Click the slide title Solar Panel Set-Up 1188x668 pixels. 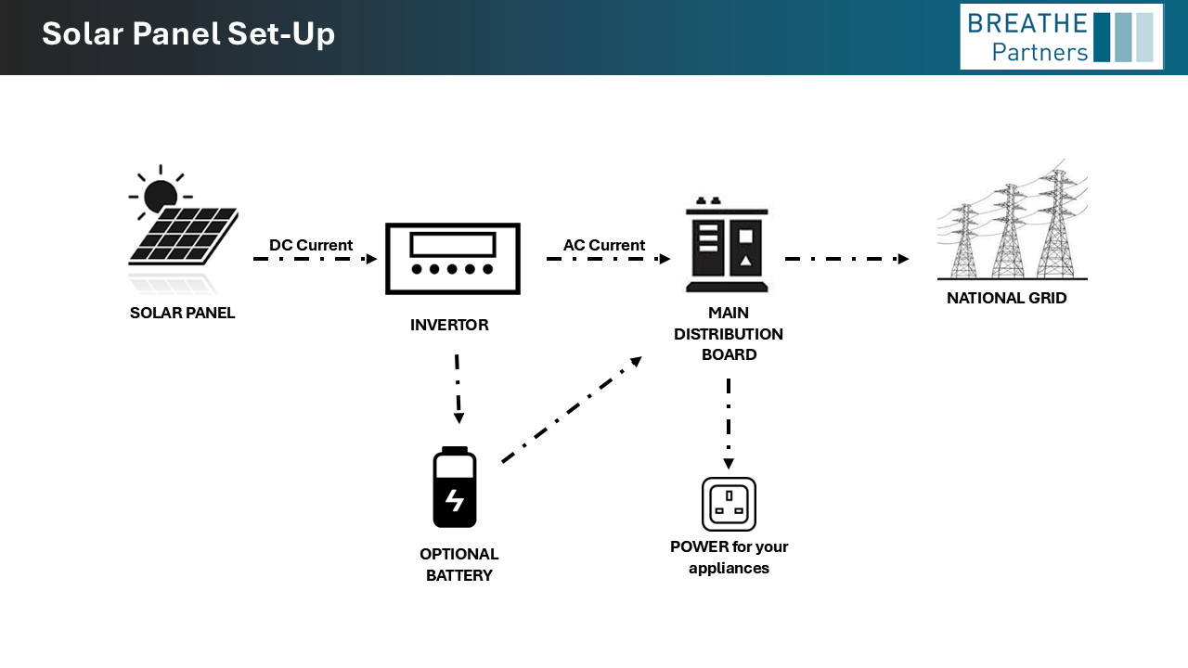pos(188,34)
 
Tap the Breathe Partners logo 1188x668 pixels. pos(1061,37)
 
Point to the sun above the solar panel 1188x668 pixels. pos(161,194)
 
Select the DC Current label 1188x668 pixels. pos(311,245)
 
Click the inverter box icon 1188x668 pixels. pos(453,259)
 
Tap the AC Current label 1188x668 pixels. pos(604,245)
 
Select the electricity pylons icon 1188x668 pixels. pos(1013,223)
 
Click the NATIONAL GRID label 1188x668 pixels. pos(1007,299)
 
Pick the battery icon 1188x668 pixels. pos(455,487)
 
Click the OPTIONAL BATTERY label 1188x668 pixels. pos(459,565)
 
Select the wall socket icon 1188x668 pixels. pos(729,504)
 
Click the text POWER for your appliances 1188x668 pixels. pos(729,557)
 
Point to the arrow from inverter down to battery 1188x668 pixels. pos(458,388)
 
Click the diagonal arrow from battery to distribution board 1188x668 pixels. pos(571,409)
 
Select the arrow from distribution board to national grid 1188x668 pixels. pos(846,259)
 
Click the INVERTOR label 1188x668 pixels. pos(449,325)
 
